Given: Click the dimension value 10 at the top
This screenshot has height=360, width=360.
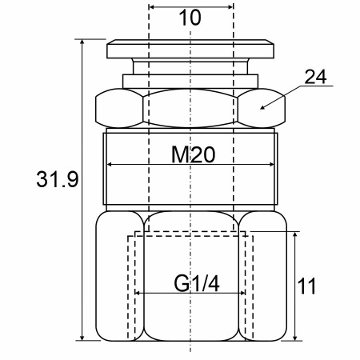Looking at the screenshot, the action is coord(190,18).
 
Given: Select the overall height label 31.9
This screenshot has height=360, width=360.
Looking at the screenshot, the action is coord(58,179).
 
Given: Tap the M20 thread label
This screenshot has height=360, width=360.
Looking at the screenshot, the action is coord(193,154).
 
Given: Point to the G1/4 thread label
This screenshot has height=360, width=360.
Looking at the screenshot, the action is coord(197,283).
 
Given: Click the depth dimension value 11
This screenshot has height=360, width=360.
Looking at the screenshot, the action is coord(306,286).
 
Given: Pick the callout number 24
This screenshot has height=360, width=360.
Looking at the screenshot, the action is coord(315,77).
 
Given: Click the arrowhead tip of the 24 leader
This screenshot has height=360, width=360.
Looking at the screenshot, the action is coord(260,109).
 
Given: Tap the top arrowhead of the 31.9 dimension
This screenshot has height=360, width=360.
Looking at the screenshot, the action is coord(82,39).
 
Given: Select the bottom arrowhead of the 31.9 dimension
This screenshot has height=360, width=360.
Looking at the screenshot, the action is coord(82,340).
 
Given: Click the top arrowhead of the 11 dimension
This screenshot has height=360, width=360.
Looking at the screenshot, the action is coord(295,232).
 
